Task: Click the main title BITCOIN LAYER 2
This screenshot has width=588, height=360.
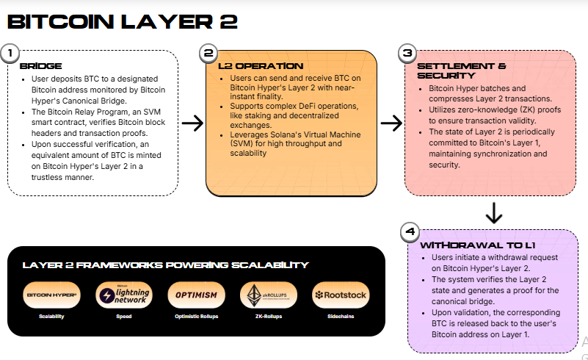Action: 121,21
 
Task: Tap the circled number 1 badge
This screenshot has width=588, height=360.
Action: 10,53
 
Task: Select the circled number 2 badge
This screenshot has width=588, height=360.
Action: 208,53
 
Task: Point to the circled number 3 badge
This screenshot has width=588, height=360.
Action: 407,53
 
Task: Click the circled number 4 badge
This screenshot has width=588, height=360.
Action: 410,231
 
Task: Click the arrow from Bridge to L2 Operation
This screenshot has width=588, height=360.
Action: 192,123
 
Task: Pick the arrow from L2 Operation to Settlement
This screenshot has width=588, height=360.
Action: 392,123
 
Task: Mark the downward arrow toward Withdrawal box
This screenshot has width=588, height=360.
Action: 494,213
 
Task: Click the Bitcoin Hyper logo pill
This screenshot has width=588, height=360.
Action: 52,295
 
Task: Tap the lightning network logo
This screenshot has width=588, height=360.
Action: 124,295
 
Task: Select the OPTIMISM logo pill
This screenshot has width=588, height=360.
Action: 196,295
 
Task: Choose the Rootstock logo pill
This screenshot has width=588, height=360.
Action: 341,295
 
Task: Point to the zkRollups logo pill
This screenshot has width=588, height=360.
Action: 268,295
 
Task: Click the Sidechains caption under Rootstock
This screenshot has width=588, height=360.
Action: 341,317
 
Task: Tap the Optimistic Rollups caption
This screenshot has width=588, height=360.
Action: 196,317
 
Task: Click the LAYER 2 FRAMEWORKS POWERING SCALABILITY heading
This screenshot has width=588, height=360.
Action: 166,265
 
